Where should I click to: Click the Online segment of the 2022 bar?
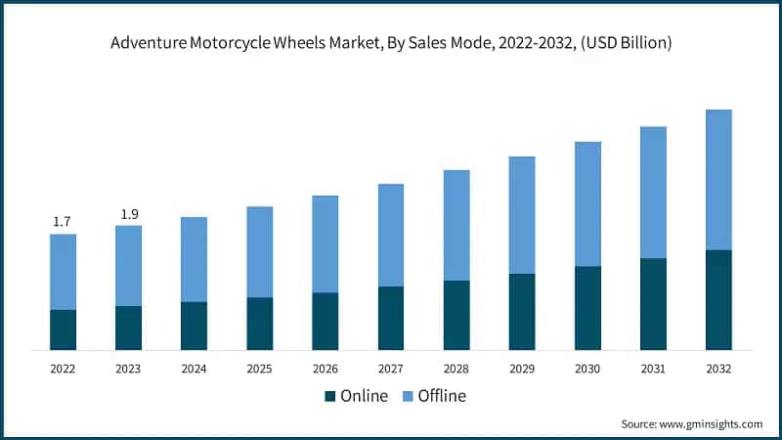click(x=63, y=330)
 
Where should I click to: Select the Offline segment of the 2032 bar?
click(x=718, y=180)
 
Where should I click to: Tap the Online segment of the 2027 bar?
click(x=391, y=318)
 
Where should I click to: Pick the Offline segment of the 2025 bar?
click(x=259, y=252)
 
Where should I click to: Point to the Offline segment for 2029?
click(x=522, y=215)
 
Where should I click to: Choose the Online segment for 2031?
click(x=653, y=304)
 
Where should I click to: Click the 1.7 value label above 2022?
click(x=62, y=222)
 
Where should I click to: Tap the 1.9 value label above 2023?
click(x=128, y=214)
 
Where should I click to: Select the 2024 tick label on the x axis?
click(x=194, y=369)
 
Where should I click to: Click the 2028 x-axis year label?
click(x=456, y=369)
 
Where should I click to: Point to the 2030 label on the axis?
click(x=587, y=369)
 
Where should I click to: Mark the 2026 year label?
click(x=325, y=369)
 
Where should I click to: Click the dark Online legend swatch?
click(x=330, y=396)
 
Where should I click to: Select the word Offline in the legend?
click(x=442, y=396)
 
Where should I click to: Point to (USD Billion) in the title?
click(x=622, y=43)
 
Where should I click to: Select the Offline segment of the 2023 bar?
click(x=128, y=266)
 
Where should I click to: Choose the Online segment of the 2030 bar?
click(x=587, y=308)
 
